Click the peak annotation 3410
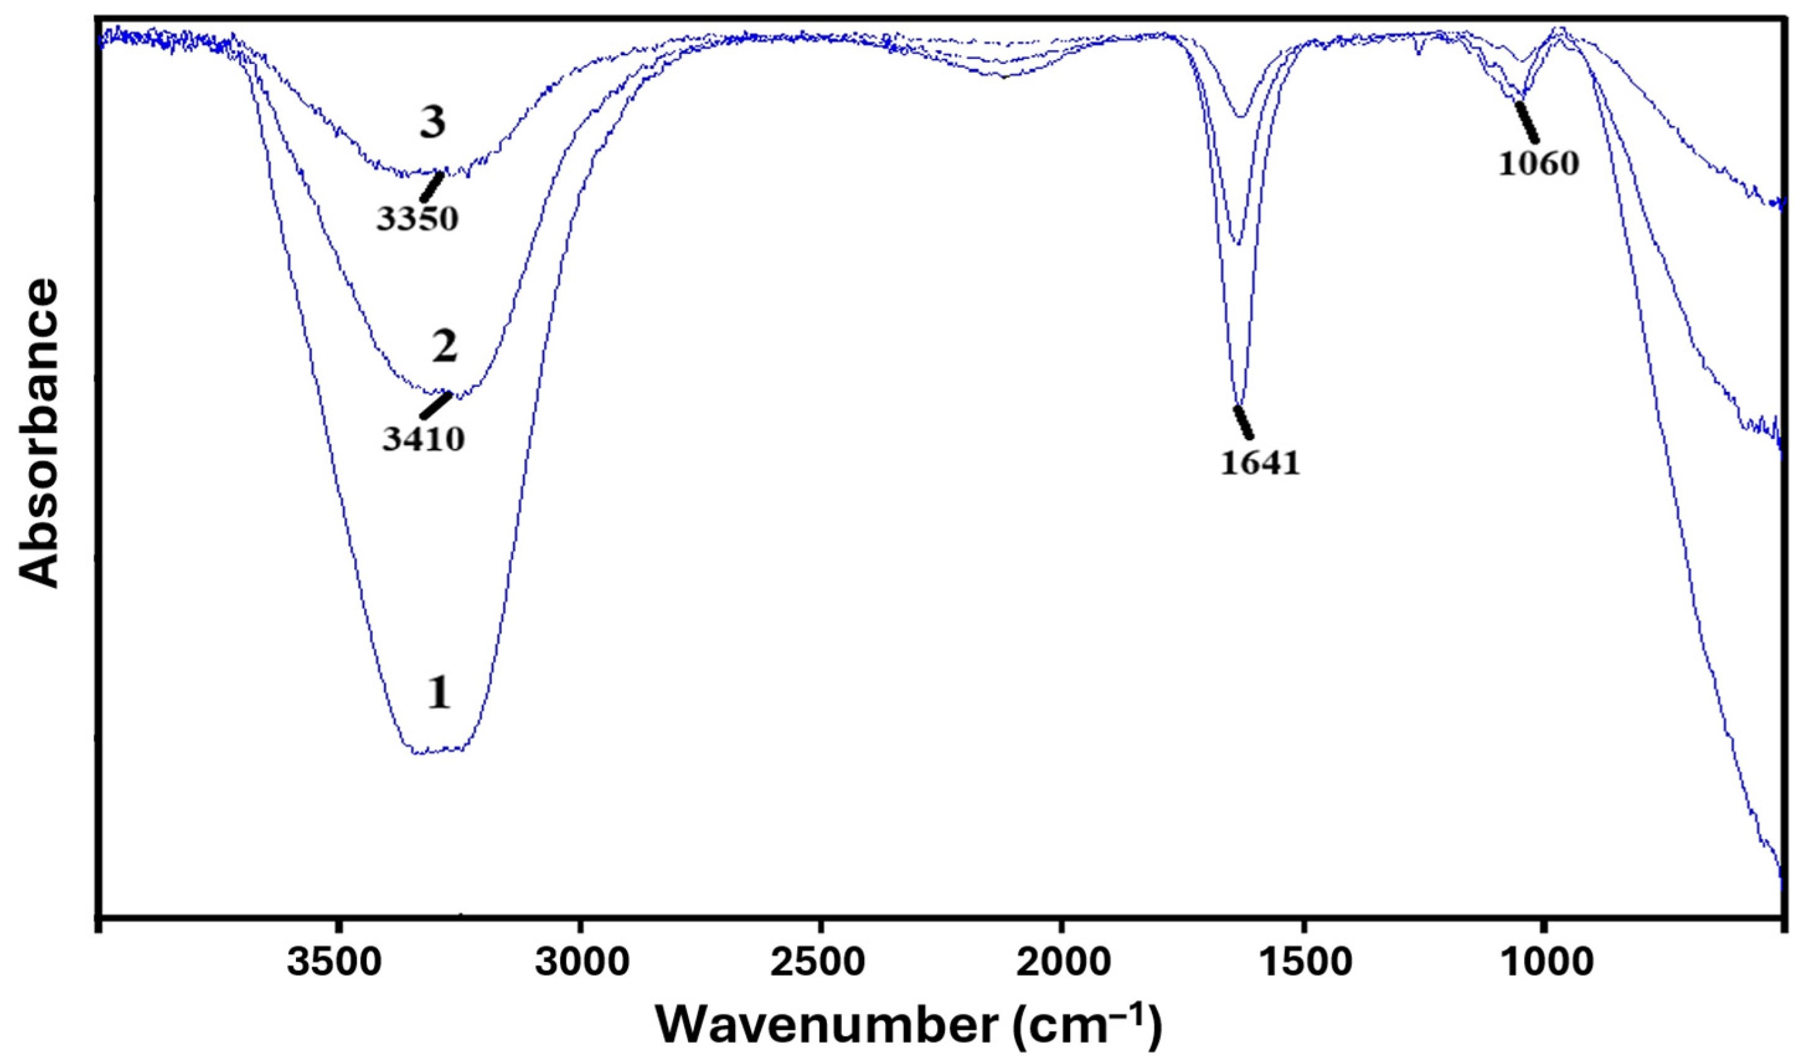click(x=423, y=440)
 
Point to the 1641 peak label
click(x=1260, y=464)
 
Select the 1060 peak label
click(x=1538, y=164)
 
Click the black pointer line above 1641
click(x=1244, y=422)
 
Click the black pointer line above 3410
click(x=436, y=405)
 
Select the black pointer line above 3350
click(x=431, y=185)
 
